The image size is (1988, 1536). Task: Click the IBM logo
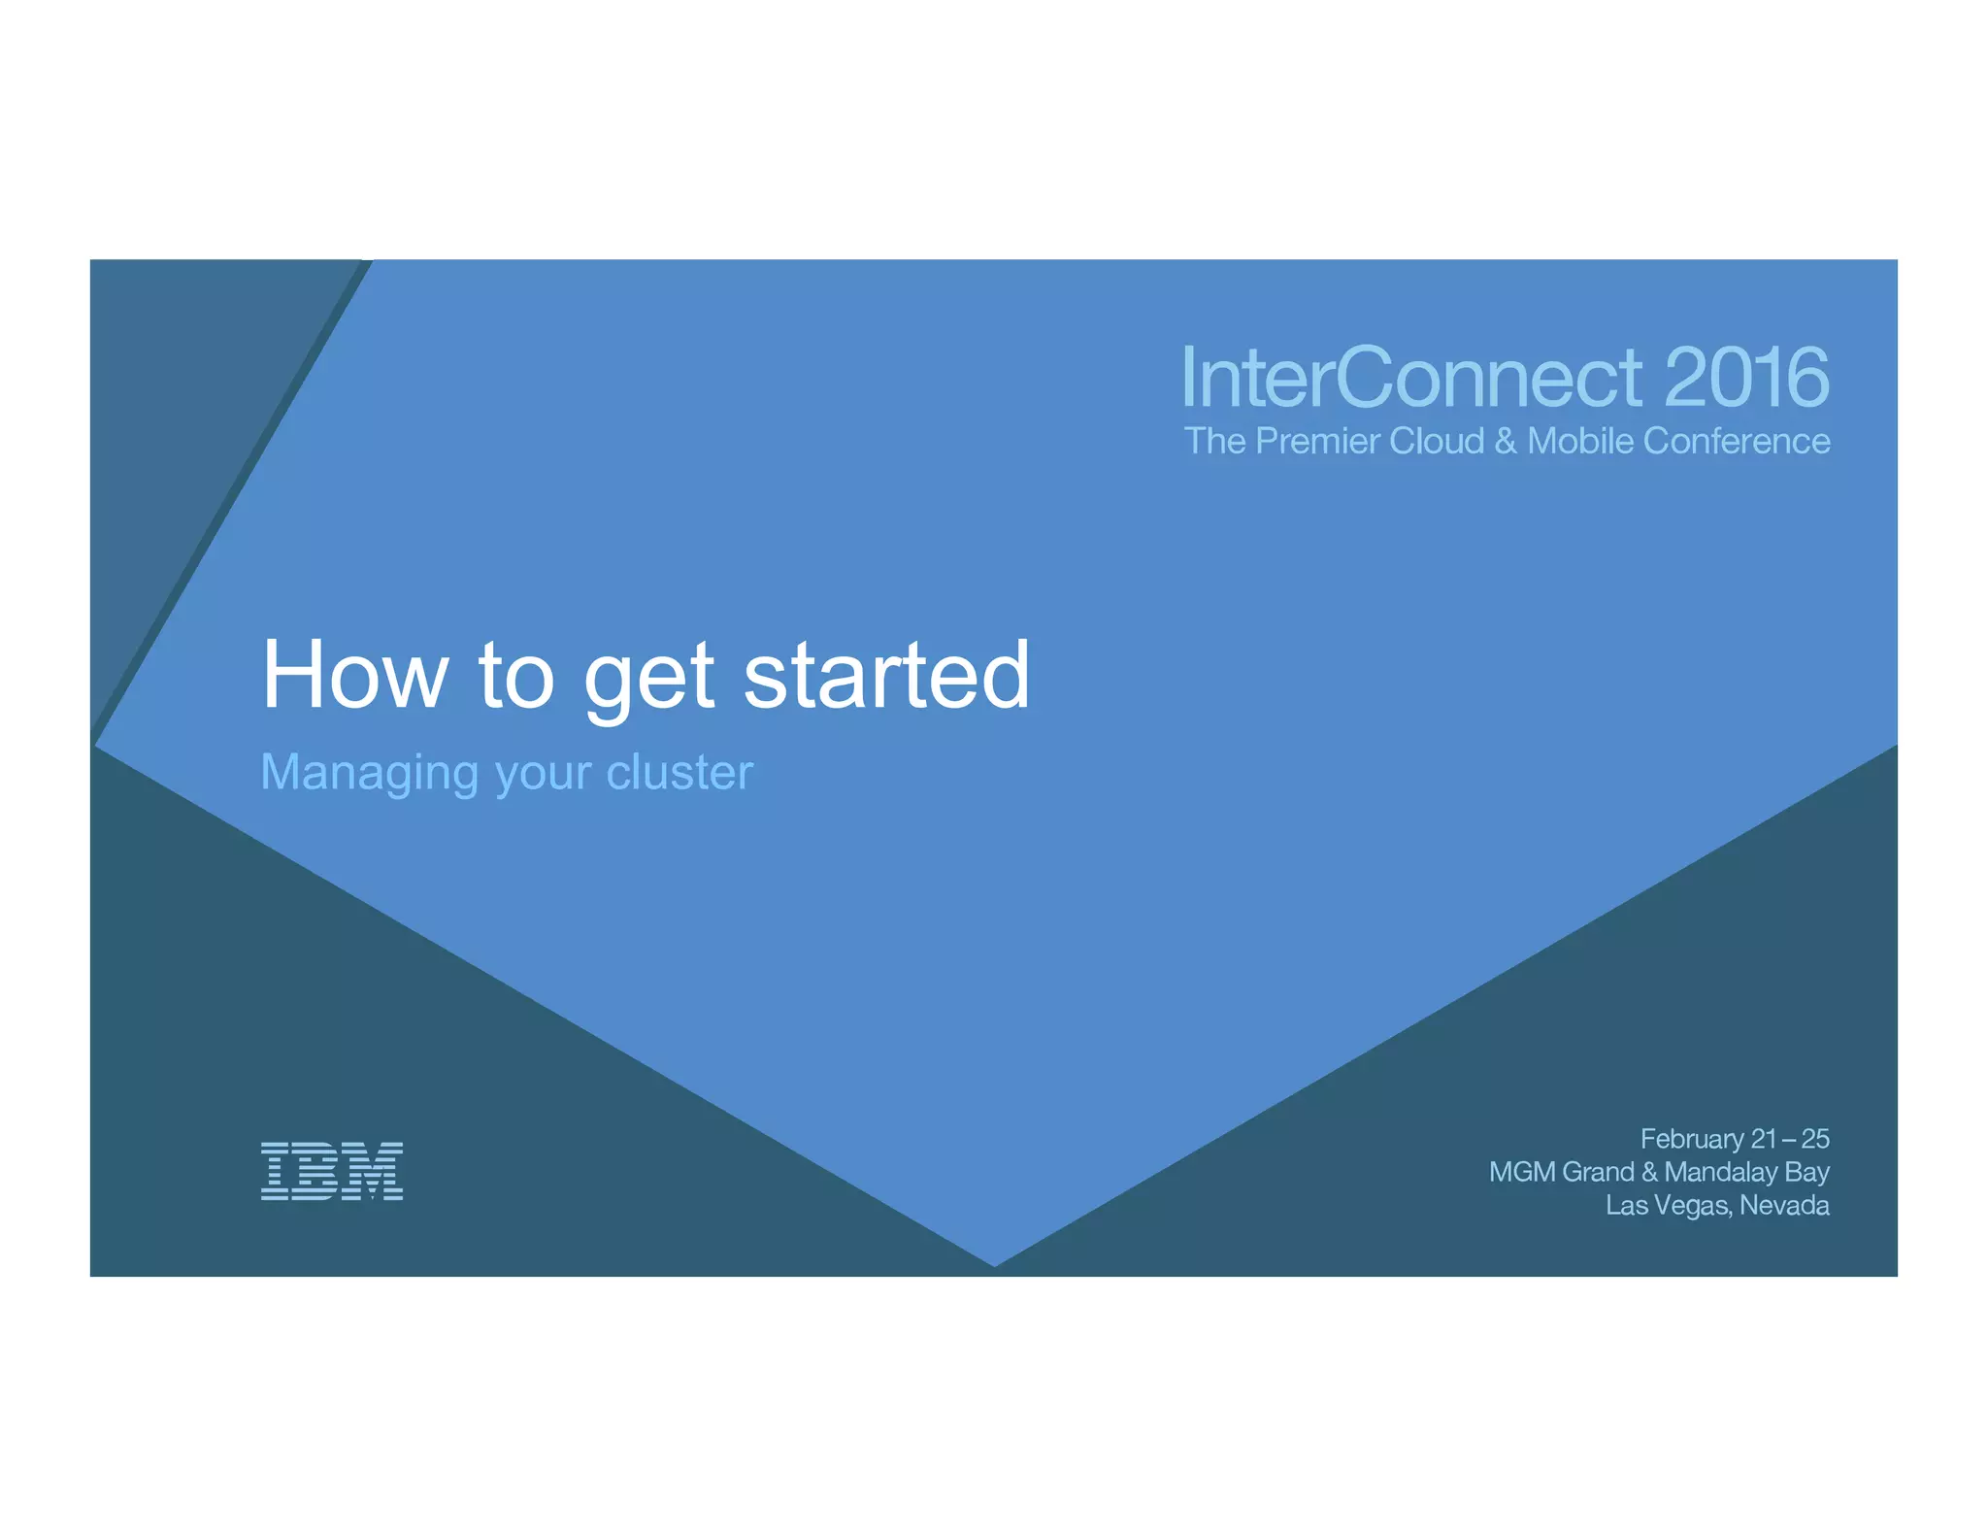coord(332,1171)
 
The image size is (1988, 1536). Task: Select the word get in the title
coord(649,680)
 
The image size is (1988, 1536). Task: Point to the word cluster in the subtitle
coord(679,773)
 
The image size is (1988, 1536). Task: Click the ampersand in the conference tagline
coord(1506,441)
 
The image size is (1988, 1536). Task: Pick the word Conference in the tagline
coord(1737,441)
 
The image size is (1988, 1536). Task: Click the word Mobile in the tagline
coord(1580,441)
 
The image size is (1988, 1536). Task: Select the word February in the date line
coord(1692,1139)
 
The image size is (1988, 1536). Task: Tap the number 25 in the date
coord(1814,1138)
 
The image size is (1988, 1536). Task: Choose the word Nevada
coord(1784,1205)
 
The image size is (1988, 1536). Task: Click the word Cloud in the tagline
coord(1437,441)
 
